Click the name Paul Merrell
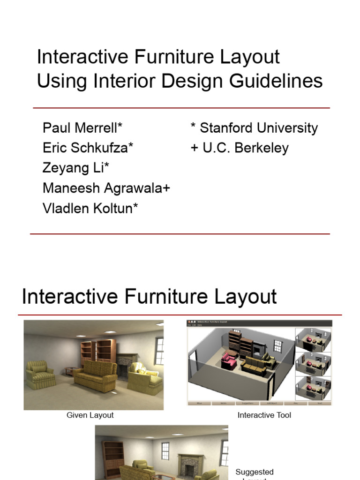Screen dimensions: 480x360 (x=82, y=128)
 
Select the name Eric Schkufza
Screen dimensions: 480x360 (x=88, y=148)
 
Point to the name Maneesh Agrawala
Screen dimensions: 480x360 (x=106, y=188)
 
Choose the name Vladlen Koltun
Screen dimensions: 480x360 (x=90, y=209)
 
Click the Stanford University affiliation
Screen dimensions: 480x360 (x=254, y=128)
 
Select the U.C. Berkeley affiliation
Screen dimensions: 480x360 (x=240, y=148)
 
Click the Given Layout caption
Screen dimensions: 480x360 (x=90, y=415)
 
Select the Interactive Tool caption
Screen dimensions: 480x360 (x=264, y=415)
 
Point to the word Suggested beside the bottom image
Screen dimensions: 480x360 (x=254, y=472)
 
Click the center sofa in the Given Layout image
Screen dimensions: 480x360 (x=96, y=375)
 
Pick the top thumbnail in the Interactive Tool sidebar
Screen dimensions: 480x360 (x=313, y=340)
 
